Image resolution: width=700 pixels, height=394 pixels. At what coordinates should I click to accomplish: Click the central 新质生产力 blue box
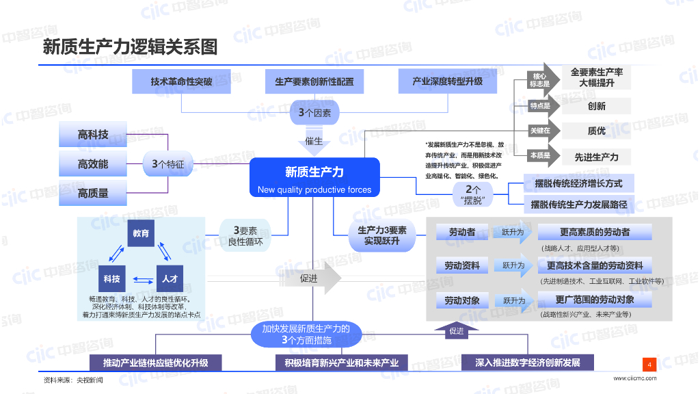click(x=314, y=177)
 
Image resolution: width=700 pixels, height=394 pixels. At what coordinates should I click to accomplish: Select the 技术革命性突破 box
click(x=181, y=81)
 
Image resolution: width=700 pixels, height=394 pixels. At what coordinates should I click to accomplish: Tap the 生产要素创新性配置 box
click(x=314, y=81)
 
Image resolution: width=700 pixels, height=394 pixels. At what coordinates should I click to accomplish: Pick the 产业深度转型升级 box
click(x=447, y=81)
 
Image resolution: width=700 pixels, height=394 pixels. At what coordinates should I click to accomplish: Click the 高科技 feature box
click(x=93, y=135)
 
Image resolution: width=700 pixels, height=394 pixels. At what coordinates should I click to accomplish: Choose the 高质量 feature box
click(x=93, y=193)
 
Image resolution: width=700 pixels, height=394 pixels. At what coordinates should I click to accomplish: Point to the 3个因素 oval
click(x=314, y=113)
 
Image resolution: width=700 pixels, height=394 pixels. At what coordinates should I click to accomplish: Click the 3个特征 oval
click(x=168, y=164)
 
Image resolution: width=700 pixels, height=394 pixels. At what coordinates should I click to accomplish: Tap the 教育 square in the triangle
click(x=141, y=233)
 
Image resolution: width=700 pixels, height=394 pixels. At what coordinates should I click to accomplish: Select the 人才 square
click(x=170, y=279)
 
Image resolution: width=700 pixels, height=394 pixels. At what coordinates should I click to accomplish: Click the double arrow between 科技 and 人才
click(x=143, y=280)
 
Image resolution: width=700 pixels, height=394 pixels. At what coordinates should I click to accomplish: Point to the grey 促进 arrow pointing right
click(x=310, y=278)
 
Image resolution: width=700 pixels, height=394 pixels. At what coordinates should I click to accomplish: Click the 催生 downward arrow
click(x=314, y=141)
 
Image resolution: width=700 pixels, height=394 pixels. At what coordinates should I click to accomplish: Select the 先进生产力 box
click(x=596, y=157)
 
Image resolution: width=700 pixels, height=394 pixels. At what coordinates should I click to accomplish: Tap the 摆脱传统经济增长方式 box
click(x=578, y=183)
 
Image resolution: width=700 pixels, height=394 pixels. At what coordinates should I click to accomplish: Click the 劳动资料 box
click(x=462, y=266)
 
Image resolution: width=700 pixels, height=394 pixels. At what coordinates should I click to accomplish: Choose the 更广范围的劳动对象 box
click(x=595, y=300)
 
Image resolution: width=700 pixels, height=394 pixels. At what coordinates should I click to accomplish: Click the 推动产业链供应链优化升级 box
click(x=156, y=363)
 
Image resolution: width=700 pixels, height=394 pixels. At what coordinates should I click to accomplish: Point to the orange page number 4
click(x=649, y=365)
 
